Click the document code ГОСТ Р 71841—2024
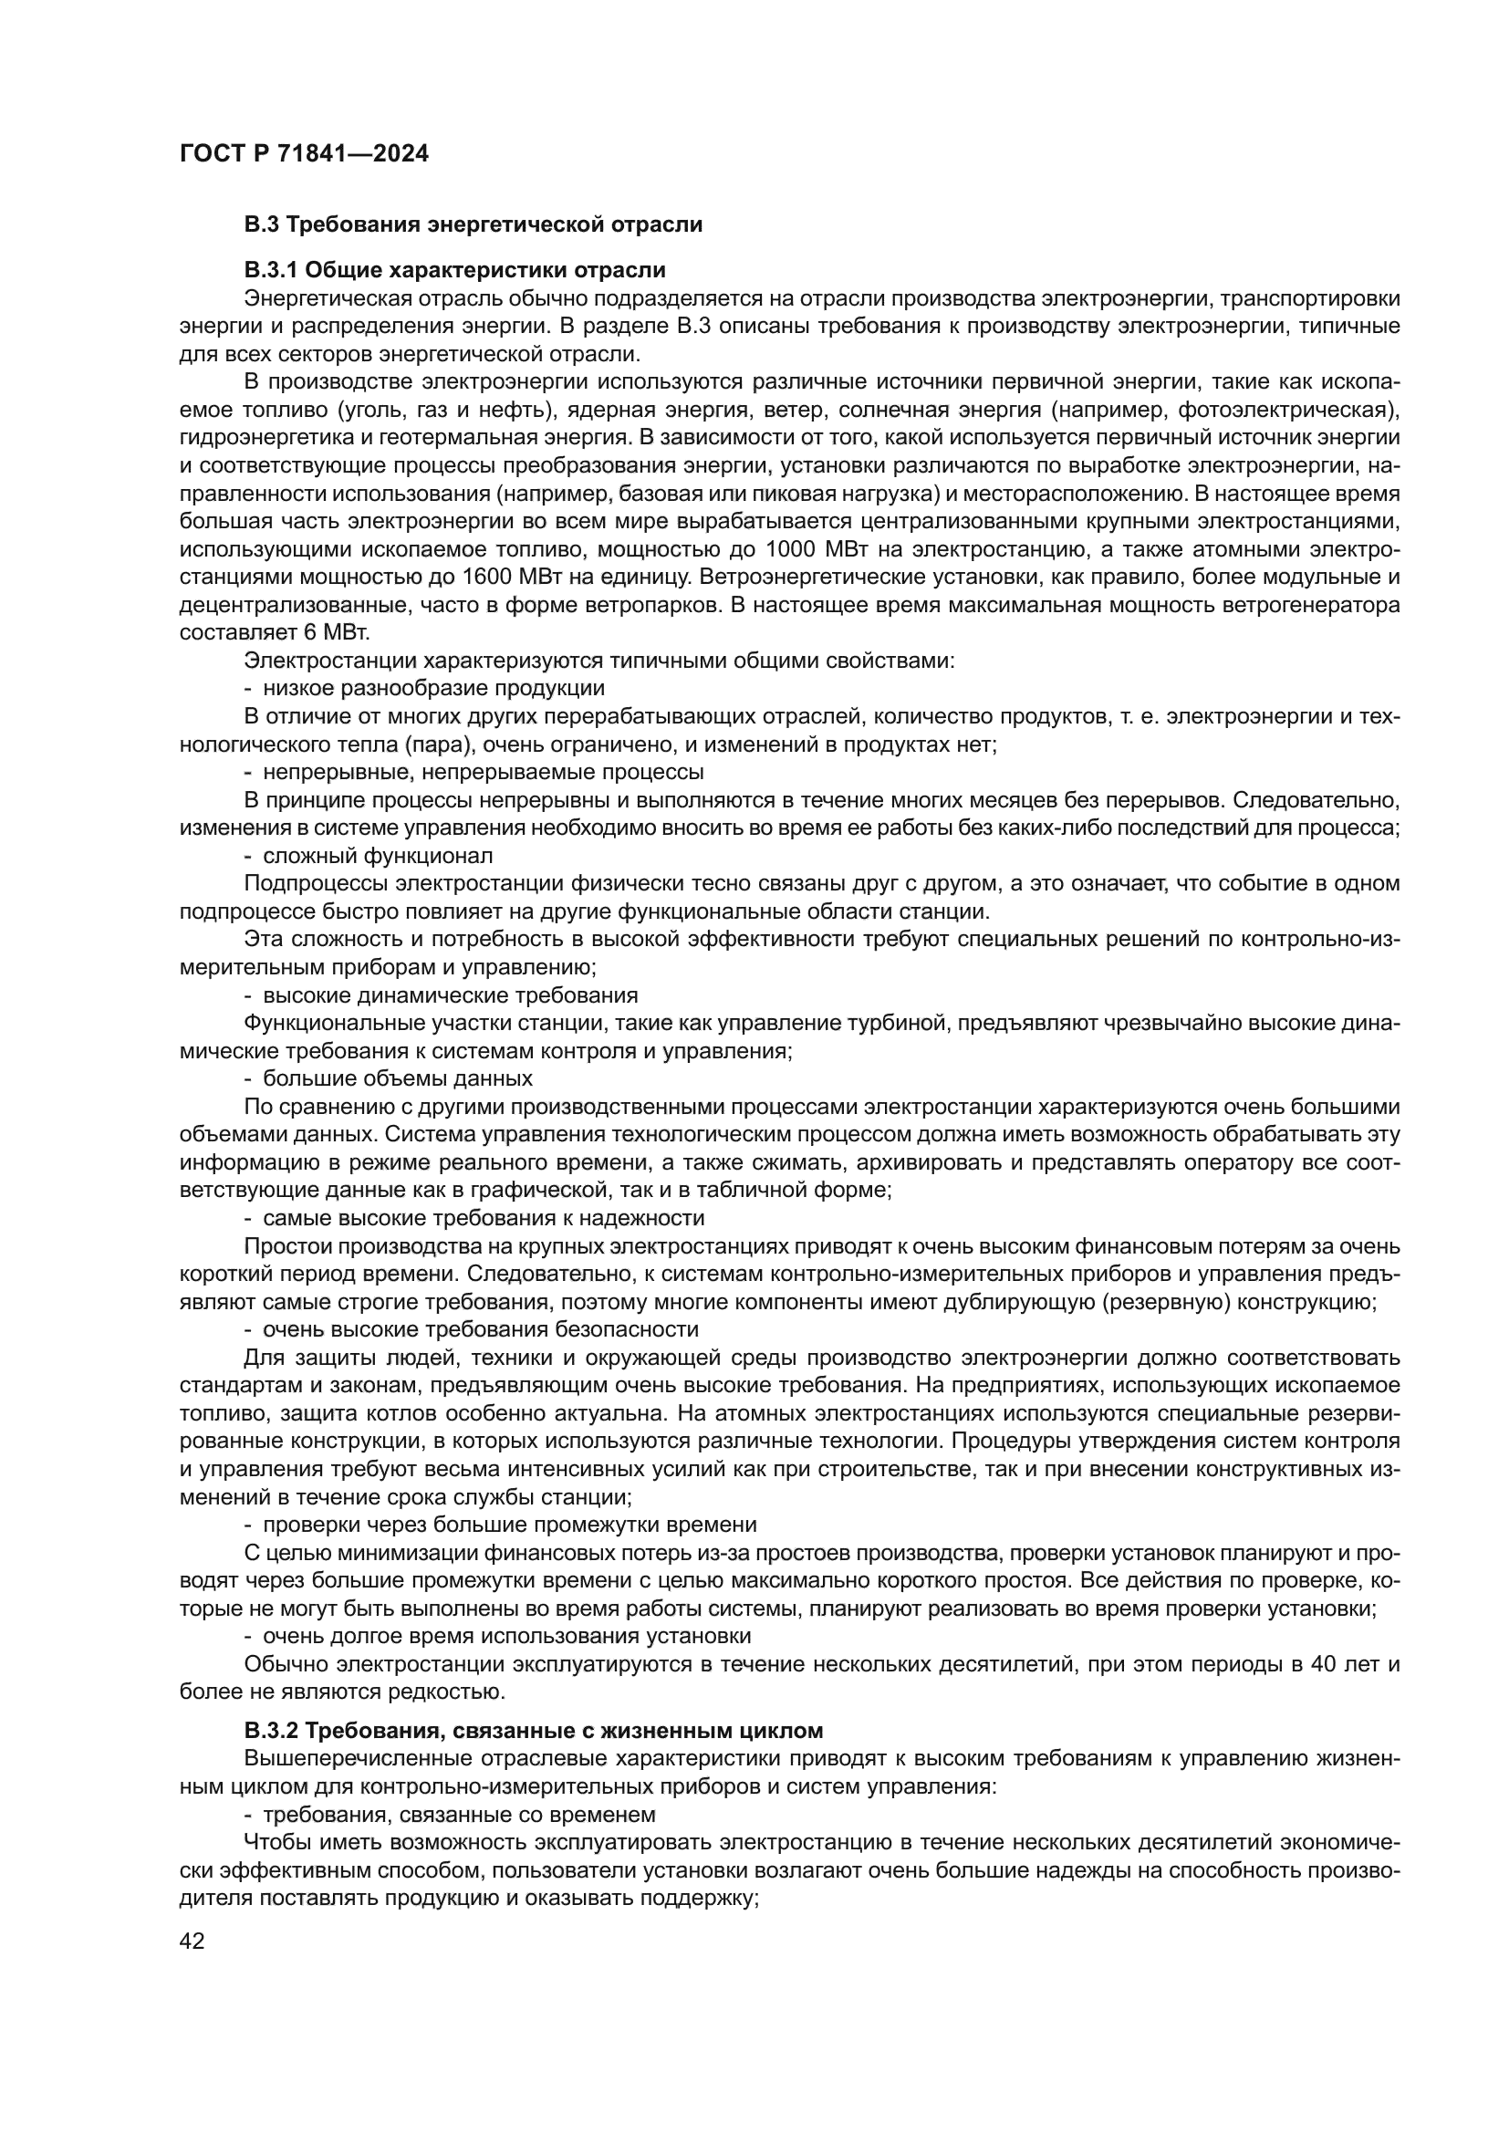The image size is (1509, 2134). [304, 153]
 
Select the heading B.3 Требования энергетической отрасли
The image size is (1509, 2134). [473, 224]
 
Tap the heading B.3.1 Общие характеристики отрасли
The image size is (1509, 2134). [455, 270]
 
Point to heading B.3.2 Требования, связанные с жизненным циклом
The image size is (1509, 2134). [534, 1731]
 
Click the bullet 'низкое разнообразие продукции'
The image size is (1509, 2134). [433, 689]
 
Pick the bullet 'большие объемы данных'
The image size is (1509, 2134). [398, 1078]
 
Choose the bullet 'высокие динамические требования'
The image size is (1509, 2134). [451, 995]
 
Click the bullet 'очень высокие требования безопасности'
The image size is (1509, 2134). [481, 1329]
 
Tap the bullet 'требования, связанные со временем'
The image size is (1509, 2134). [459, 1815]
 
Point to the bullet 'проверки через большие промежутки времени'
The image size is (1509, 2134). [509, 1525]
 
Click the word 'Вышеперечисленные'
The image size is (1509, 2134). [356, 1758]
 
